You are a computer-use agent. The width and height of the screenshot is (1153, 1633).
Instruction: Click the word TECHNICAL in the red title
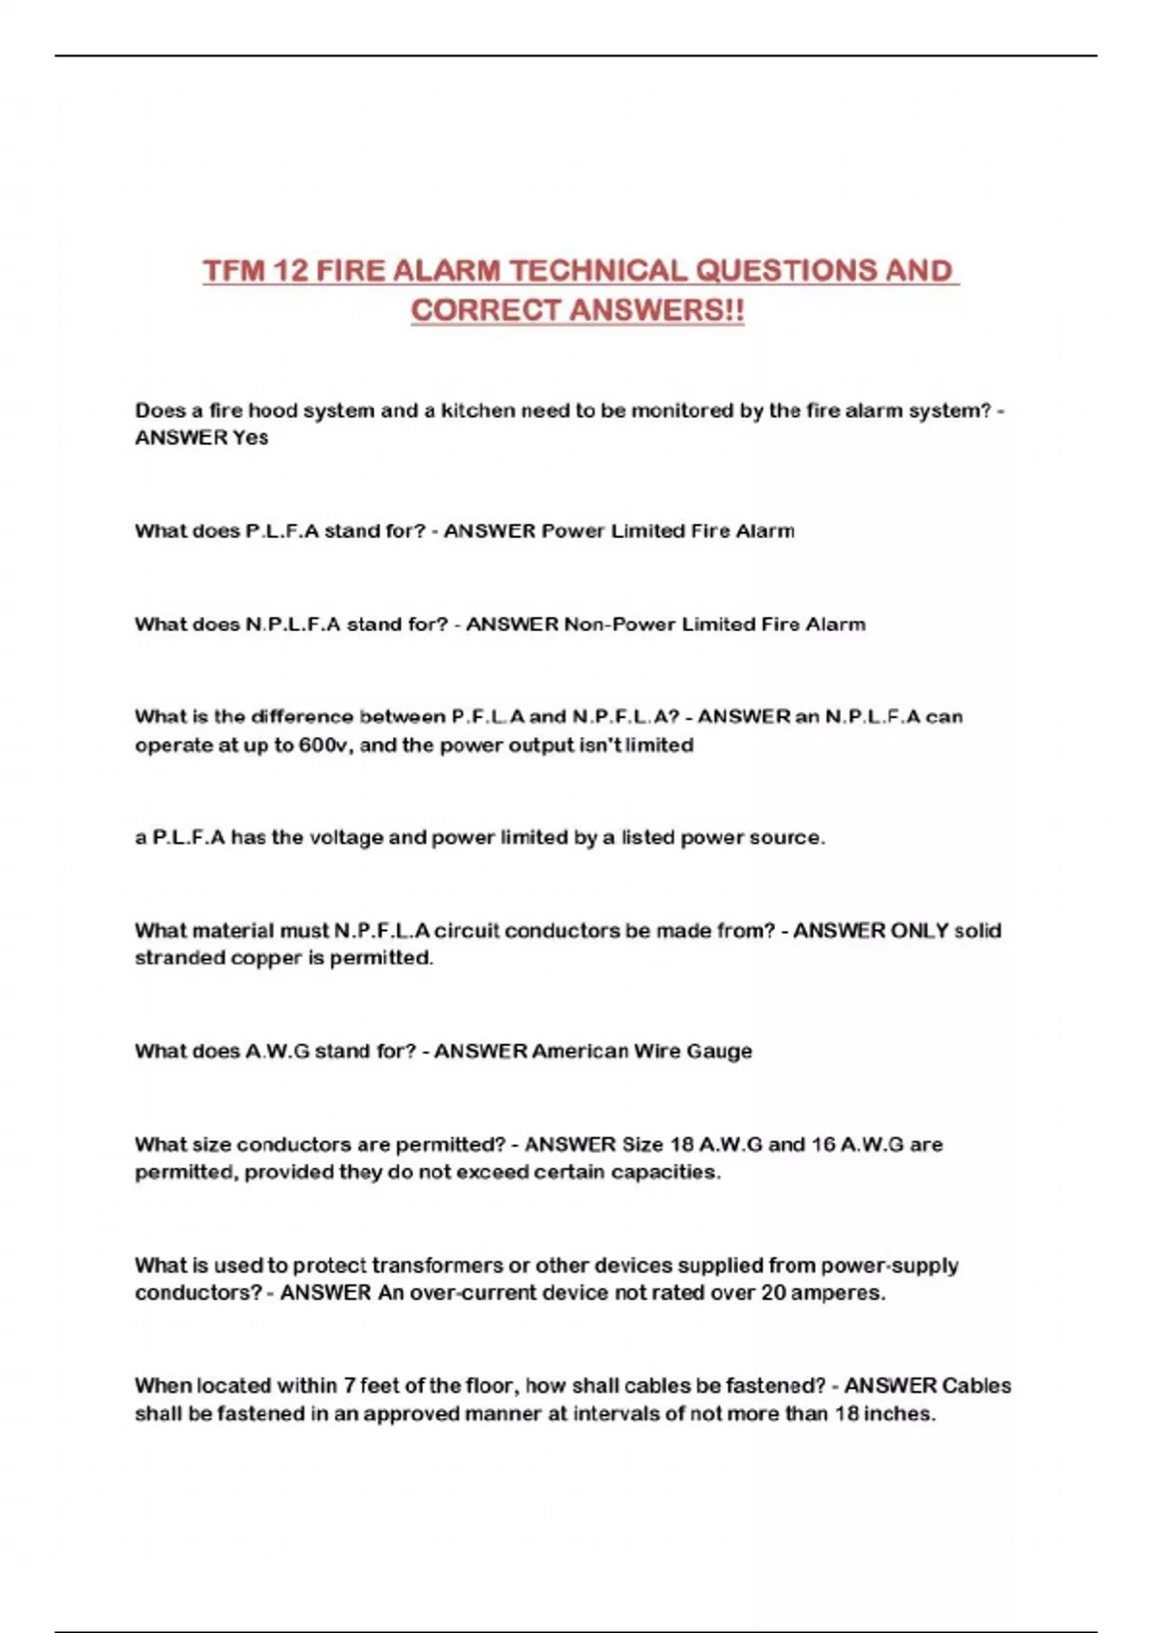coord(597,271)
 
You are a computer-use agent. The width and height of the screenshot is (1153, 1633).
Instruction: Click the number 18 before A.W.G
coord(681,1144)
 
